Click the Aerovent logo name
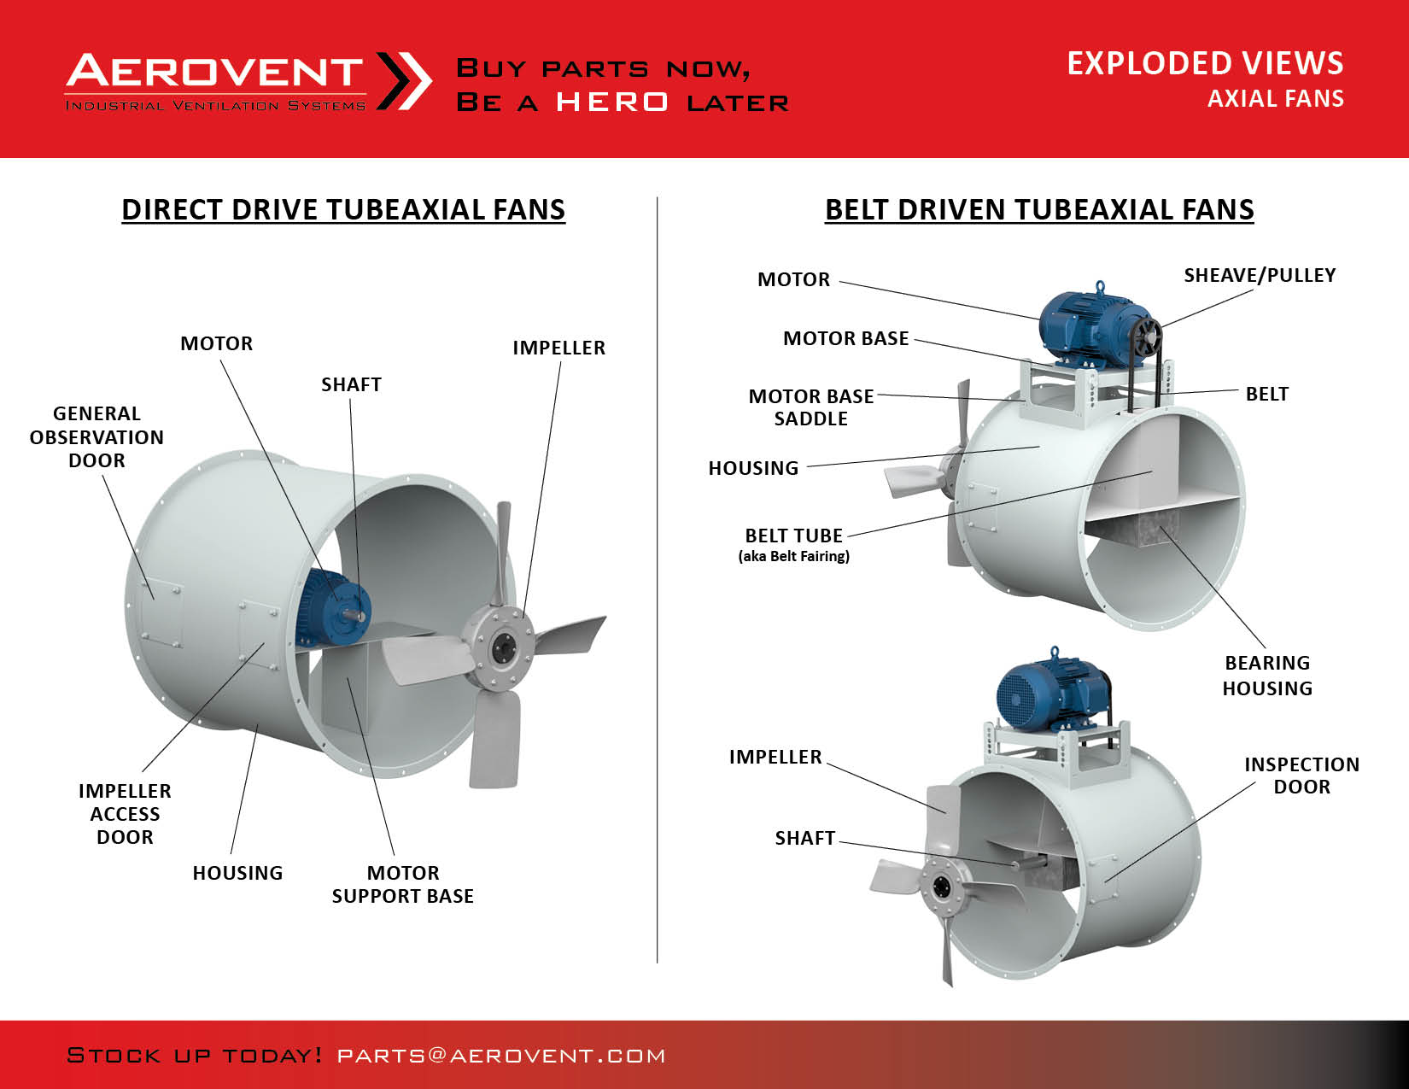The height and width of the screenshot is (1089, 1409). pos(214,70)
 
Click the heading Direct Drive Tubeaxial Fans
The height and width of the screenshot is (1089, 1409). pos(343,209)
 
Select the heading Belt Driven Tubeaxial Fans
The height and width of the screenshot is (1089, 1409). pos(1038,209)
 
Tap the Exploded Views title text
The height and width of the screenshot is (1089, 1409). pos(1205,63)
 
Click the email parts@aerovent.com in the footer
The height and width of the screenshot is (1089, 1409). pos(501,1056)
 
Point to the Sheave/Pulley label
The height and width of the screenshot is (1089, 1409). pos(1260,275)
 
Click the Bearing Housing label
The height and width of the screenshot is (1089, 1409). pos(1267,676)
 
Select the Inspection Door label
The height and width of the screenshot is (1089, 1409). pos(1301,775)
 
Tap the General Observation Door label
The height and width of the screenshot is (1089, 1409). pos(96,436)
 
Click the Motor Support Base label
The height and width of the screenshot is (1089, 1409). pos(403,884)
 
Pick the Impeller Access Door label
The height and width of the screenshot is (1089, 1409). pos(125,813)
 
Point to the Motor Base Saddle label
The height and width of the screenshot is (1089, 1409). pos(810,407)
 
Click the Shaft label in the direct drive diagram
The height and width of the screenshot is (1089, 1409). pos(352,384)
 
